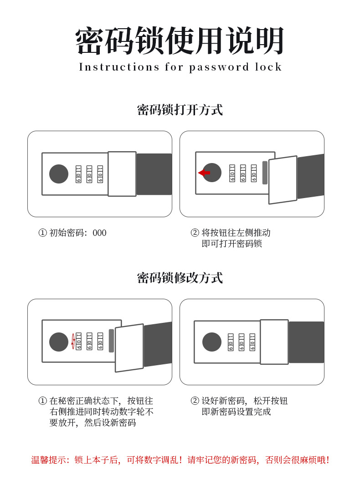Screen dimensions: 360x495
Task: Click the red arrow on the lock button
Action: (204, 173)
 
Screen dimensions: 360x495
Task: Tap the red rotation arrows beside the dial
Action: (73, 342)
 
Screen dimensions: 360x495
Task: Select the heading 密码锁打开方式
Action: (180, 110)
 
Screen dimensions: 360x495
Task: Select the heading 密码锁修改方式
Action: (180, 278)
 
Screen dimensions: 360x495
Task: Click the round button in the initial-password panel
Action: (59, 174)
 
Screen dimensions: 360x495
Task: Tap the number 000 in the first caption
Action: (99, 233)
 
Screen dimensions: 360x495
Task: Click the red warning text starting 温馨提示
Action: (180, 460)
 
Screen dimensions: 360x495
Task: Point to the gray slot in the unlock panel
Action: (265, 173)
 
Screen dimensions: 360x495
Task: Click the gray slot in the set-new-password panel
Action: (111, 341)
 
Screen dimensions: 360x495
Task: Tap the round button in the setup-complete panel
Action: (212, 342)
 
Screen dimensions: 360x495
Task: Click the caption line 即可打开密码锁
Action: (232, 244)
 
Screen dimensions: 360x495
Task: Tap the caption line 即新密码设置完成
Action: (237, 412)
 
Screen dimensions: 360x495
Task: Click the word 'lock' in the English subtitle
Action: (268, 67)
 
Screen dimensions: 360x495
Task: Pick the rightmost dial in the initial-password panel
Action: (100, 174)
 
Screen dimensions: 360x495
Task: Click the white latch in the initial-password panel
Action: (122, 174)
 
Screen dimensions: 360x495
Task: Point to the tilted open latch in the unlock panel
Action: (283, 180)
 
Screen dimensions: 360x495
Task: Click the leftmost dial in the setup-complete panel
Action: (231, 342)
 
